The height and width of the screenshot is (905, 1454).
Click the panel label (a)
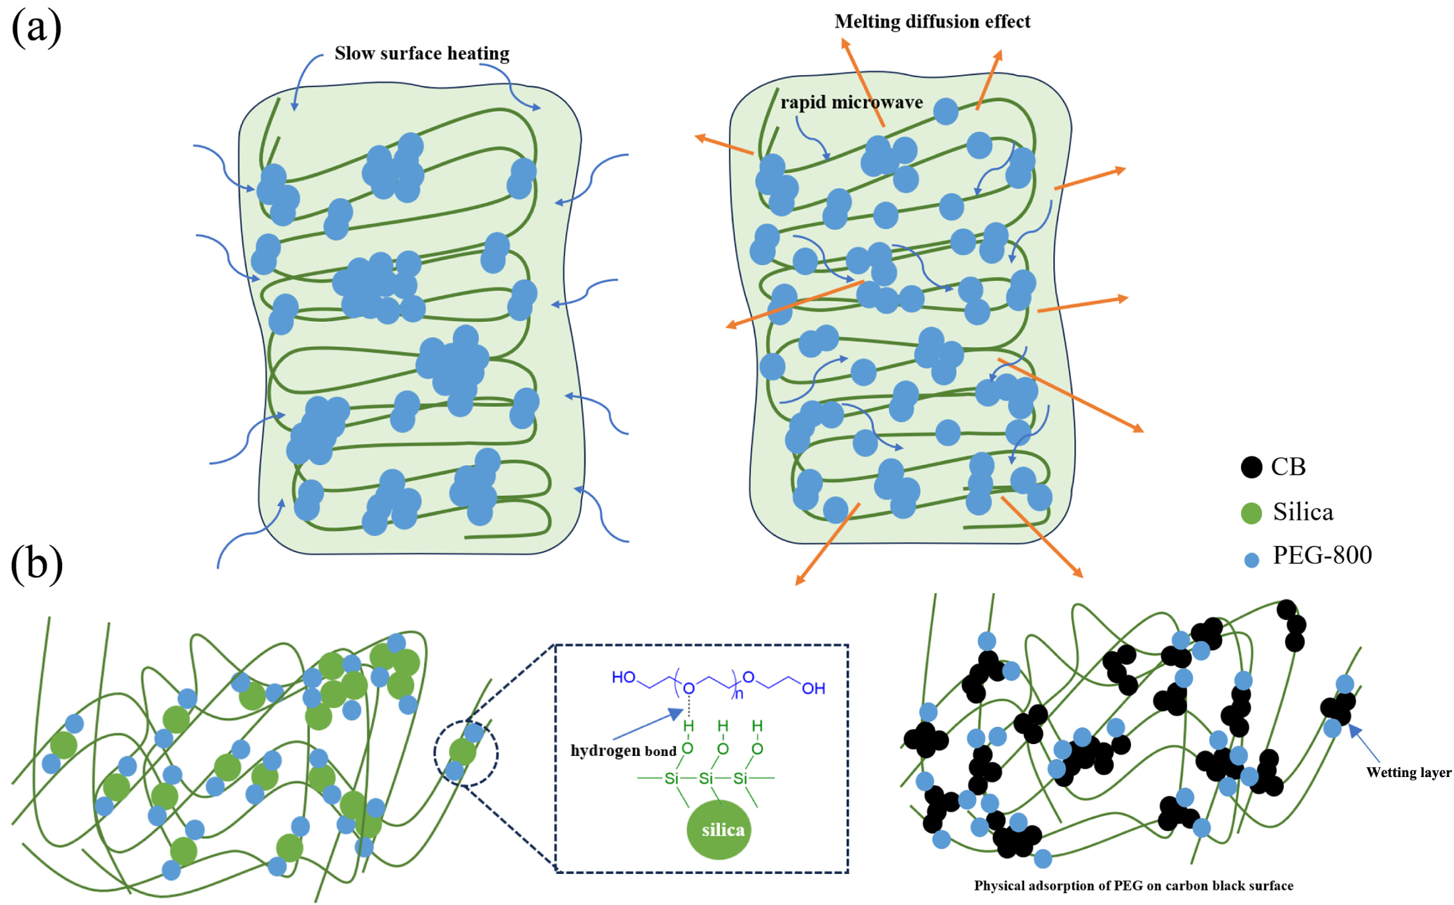[x=37, y=28]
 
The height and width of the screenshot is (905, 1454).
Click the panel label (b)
[x=37, y=565]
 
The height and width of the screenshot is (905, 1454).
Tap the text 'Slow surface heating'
[x=422, y=53]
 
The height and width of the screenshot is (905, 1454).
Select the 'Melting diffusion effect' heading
[x=932, y=22]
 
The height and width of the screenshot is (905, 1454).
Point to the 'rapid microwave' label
[x=851, y=102]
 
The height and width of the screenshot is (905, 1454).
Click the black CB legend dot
[x=1251, y=467]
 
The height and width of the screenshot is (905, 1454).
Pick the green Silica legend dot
[x=1251, y=513]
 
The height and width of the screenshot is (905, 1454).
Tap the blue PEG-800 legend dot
[x=1251, y=560]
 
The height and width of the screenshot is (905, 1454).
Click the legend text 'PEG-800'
[x=1322, y=555]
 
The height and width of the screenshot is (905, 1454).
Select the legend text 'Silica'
[x=1303, y=512]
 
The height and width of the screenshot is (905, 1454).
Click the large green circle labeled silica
[x=719, y=829]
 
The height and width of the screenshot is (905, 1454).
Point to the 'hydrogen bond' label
[x=623, y=751]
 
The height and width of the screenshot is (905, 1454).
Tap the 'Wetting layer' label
[x=1409, y=772]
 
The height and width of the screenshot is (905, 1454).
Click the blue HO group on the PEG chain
[x=623, y=677]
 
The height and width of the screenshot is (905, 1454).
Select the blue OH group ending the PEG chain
[x=814, y=689]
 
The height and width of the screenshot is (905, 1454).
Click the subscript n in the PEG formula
[x=739, y=694]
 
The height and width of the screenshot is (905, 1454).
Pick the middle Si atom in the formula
[x=706, y=779]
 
